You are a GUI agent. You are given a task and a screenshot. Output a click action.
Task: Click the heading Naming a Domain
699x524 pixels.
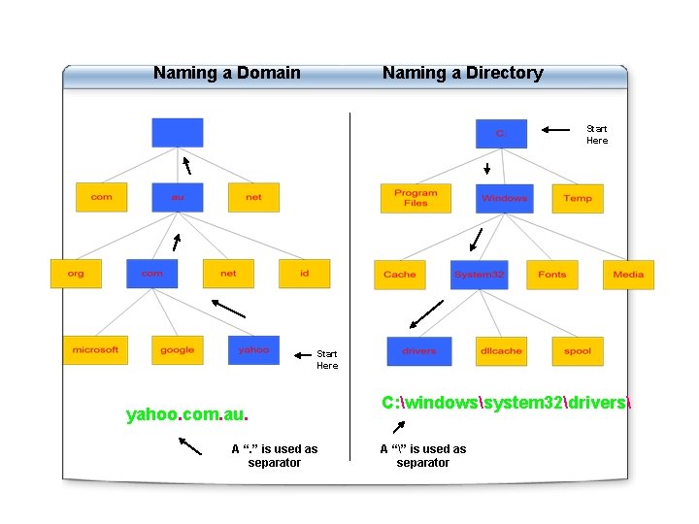pyautogui.click(x=227, y=73)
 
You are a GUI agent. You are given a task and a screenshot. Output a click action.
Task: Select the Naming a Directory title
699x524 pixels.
pyautogui.click(x=462, y=73)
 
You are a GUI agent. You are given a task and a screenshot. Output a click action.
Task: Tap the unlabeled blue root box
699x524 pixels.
pyautogui.click(x=178, y=133)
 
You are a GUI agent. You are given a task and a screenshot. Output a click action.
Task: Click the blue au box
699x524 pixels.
pyautogui.click(x=178, y=197)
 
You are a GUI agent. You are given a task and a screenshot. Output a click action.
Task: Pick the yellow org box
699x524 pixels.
pyautogui.click(x=76, y=274)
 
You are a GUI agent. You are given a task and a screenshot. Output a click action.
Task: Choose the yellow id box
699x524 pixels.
pyautogui.click(x=305, y=274)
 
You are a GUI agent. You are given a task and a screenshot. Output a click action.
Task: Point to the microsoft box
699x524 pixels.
pyautogui.click(x=95, y=350)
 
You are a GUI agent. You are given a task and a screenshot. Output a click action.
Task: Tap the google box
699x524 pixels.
pyautogui.click(x=178, y=350)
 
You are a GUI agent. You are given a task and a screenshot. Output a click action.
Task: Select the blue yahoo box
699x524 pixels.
pyautogui.click(x=253, y=350)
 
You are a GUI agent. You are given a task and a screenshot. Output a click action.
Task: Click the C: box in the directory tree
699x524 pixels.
pyautogui.click(x=501, y=134)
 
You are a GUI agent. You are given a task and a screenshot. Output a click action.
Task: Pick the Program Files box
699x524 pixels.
pyautogui.click(x=416, y=198)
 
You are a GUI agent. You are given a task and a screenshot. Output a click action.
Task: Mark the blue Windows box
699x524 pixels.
pyautogui.click(x=505, y=198)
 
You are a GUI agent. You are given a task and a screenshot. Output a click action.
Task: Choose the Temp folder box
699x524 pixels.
pyautogui.click(x=578, y=198)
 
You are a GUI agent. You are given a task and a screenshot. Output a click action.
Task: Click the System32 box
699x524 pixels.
pyautogui.click(x=479, y=275)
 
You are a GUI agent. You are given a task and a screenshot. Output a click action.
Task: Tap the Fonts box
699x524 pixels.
pyautogui.click(x=552, y=275)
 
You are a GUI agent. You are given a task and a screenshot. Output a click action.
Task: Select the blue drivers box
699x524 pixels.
pyautogui.click(x=419, y=351)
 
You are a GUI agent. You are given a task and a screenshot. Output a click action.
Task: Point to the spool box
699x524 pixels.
pyautogui.click(x=578, y=351)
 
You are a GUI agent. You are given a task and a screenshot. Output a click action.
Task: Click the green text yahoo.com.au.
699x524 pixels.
pyautogui.click(x=187, y=415)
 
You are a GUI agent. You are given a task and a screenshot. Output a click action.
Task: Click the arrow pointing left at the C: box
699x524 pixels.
pyautogui.click(x=556, y=129)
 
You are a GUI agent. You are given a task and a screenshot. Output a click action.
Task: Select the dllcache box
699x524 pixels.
pyautogui.click(x=501, y=351)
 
